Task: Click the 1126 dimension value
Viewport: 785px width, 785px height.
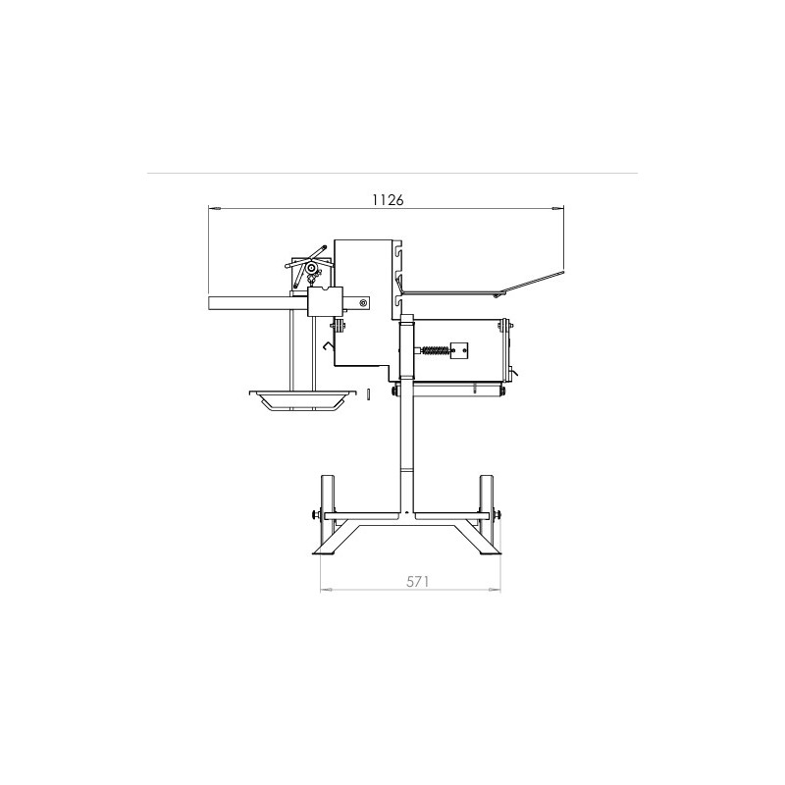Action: pos(388,200)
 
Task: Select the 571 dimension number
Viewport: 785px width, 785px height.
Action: pos(418,581)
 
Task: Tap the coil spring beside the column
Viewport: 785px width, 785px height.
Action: pos(436,350)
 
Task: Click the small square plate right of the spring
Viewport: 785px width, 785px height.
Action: pos(459,350)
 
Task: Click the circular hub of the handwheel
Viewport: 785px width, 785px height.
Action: pos(311,268)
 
